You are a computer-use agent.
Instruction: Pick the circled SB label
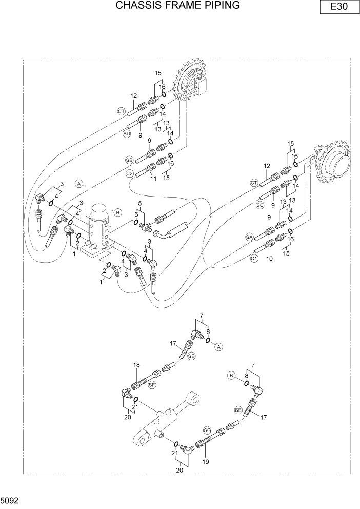[x=129, y=160]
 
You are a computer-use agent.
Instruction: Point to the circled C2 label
[x=130, y=174]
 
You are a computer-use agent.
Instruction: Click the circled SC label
[x=259, y=204]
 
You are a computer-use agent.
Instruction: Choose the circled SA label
[x=249, y=237]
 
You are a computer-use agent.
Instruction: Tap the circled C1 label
[x=254, y=259]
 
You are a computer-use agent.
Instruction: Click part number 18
[x=136, y=365]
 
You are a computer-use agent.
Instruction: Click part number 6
[x=136, y=214]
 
